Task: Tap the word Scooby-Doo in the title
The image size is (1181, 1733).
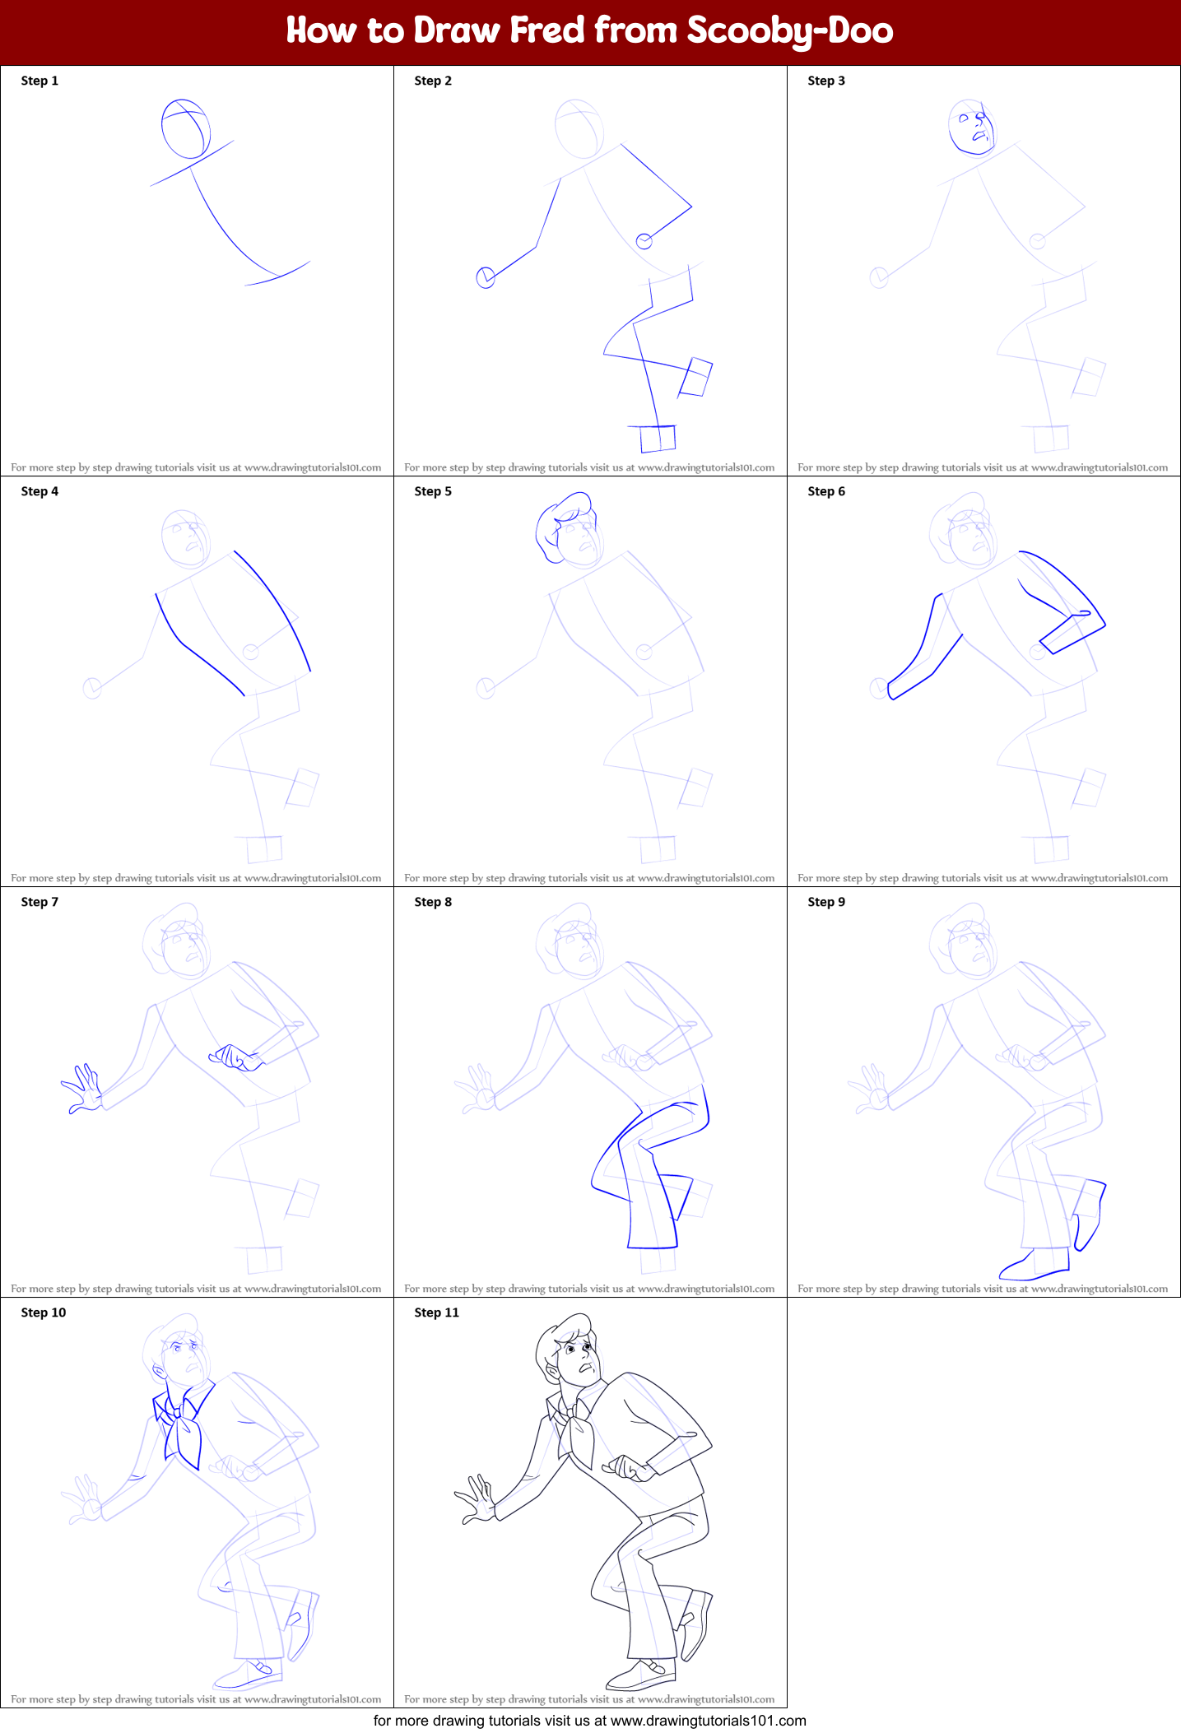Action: click(789, 30)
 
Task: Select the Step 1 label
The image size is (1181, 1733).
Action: click(40, 81)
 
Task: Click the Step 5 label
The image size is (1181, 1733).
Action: click(433, 491)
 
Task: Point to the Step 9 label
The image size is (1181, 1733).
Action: click(826, 902)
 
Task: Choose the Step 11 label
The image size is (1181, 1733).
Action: click(436, 1313)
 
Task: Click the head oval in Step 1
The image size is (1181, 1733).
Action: click(186, 128)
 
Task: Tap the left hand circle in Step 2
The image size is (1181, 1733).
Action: click(486, 277)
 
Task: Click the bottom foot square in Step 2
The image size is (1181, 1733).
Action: click(658, 439)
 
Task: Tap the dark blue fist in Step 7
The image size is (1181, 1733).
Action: click(236, 1057)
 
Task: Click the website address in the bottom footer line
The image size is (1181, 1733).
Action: click(708, 1721)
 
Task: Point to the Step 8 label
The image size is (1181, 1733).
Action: click(433, 902)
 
